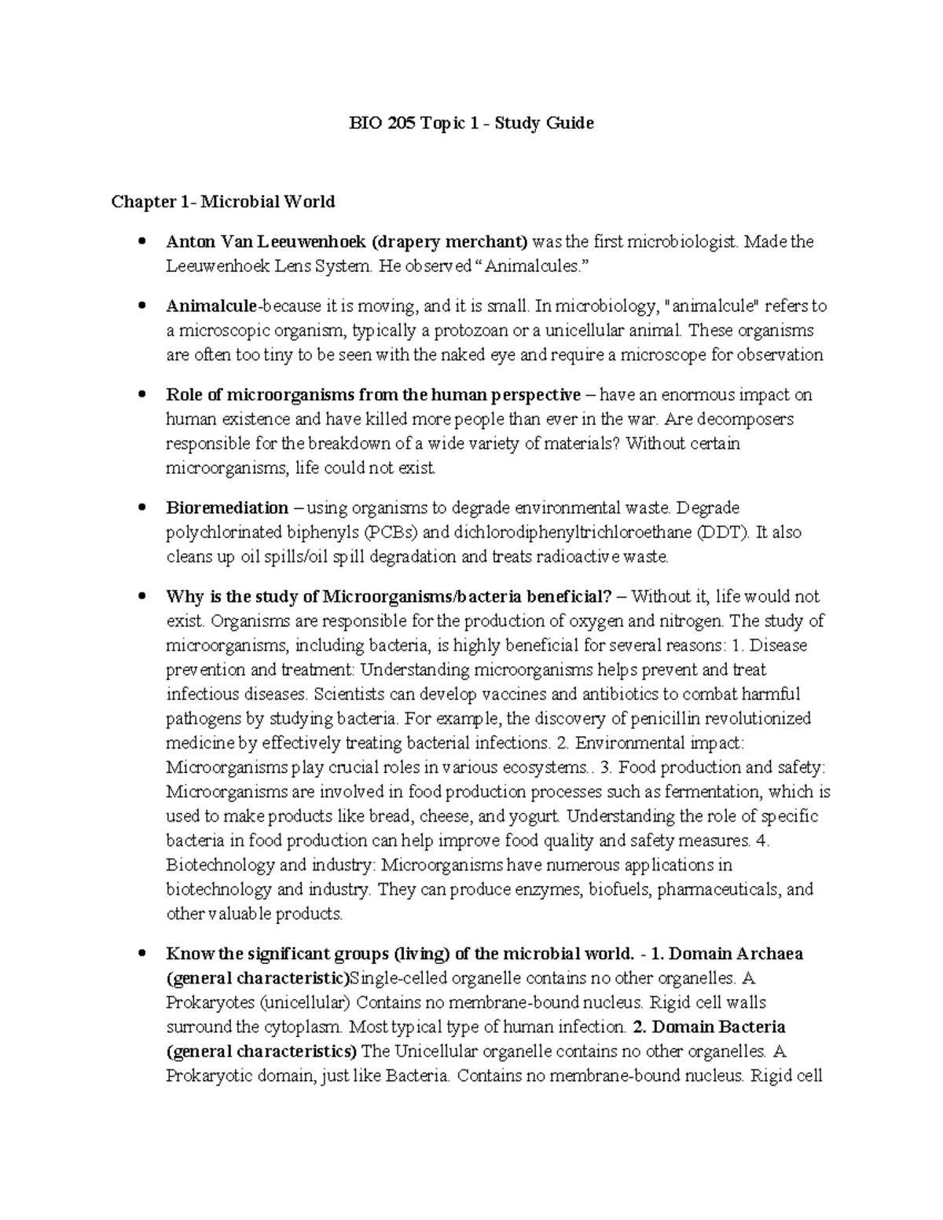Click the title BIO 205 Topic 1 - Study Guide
[472, 123]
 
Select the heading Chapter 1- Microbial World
[223, 202]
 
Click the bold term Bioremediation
[227, 507]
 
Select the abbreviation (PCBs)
[392, 533]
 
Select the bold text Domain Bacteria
[719, 1027]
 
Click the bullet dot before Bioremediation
[141, 507]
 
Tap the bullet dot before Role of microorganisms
[141, 394]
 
